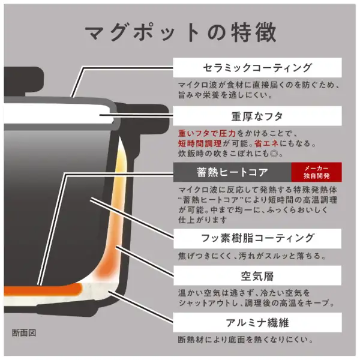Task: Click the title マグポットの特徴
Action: tap(180, 32)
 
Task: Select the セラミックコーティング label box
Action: tap(257, 67)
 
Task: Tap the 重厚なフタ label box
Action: tap(257, 116)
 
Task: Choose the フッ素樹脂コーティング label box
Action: tap(257, 238)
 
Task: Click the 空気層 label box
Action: tap(257, 277)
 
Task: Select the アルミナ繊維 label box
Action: tap(257, 322)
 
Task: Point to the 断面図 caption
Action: tap(25, 332)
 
